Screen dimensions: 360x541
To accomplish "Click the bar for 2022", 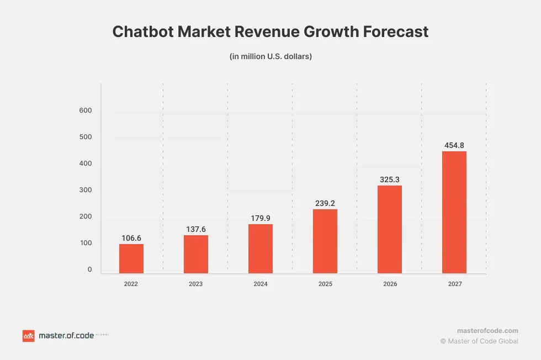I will [x=131, y=258].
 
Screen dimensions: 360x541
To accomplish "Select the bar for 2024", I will [x=261, y=248].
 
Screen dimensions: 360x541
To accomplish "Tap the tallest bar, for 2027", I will [x=454, y=212].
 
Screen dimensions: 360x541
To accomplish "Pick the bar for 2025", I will [x=325, y=241].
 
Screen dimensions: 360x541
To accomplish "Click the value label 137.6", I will [x=196, y=229].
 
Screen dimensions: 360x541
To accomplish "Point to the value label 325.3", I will [x=390, y=179].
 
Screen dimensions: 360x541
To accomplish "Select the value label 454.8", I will [x=454, y=145].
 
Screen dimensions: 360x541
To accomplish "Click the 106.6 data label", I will [x=131, y=238].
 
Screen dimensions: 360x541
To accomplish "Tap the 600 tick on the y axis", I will [x=85, y=110].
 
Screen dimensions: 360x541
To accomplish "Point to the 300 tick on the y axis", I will [x=85, y=190].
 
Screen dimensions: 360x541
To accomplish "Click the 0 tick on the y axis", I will [x=89, y=269].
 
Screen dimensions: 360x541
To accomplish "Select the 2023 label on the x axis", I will [x=195, y=284].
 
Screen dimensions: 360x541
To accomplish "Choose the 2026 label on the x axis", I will [x=390, y=284].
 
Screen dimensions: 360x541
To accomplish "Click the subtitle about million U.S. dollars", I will [x=270, y=56].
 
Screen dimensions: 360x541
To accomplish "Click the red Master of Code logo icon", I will [x=28, y=336].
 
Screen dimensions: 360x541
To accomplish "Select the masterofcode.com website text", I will [x=487, y=330].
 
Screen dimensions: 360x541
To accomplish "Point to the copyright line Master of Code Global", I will [x=479, y=341].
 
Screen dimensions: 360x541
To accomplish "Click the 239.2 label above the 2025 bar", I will [x=325, y=203].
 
